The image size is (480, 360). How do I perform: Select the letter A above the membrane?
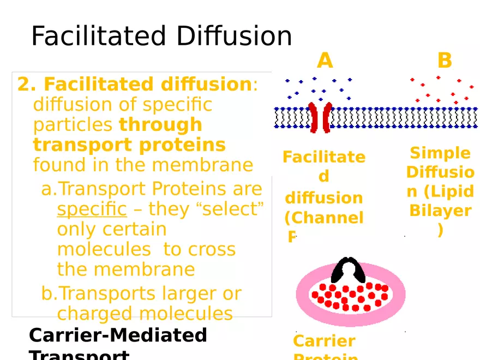[325, 61]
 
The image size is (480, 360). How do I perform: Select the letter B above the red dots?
[445, 61]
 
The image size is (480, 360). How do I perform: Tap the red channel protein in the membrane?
[320, 117]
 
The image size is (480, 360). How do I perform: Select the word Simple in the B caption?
[440, 153]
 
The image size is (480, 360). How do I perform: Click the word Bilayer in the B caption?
[440, 211]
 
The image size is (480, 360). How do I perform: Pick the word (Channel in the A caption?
[323, 218]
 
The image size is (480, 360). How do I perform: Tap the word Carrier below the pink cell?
[324, 341]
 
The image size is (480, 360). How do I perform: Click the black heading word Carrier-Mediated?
[118, 335]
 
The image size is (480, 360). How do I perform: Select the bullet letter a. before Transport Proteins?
[49, 189]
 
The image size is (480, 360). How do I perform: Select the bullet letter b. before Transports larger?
[49, 293]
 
